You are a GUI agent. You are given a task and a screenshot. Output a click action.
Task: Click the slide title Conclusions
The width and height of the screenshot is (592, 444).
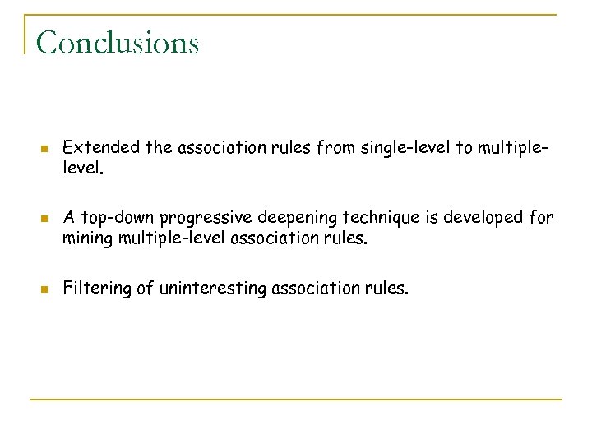(118, 42)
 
